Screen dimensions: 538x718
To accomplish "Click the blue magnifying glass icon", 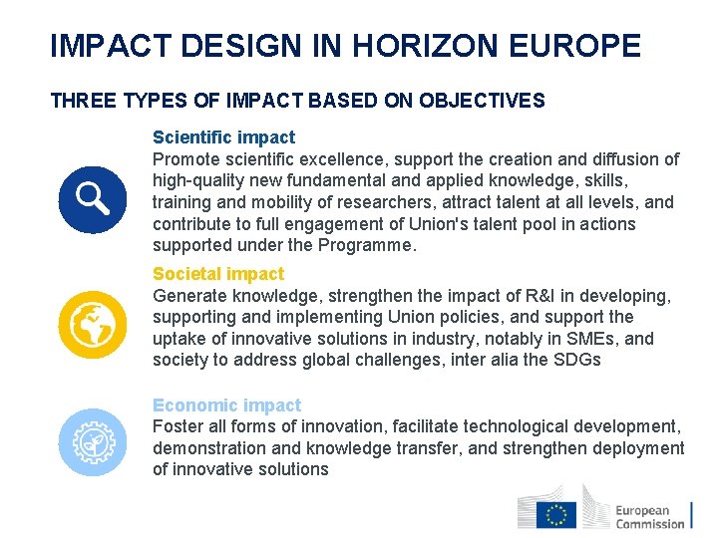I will tap(92, 198).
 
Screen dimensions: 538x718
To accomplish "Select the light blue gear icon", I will tap(92, 441).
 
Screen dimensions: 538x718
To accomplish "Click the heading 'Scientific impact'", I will tap(223, 137).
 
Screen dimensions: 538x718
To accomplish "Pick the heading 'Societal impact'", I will tap(218, 274).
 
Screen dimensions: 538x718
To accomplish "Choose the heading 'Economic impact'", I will tap(226, 405).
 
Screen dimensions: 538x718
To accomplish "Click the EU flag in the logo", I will tap(555, 514).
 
